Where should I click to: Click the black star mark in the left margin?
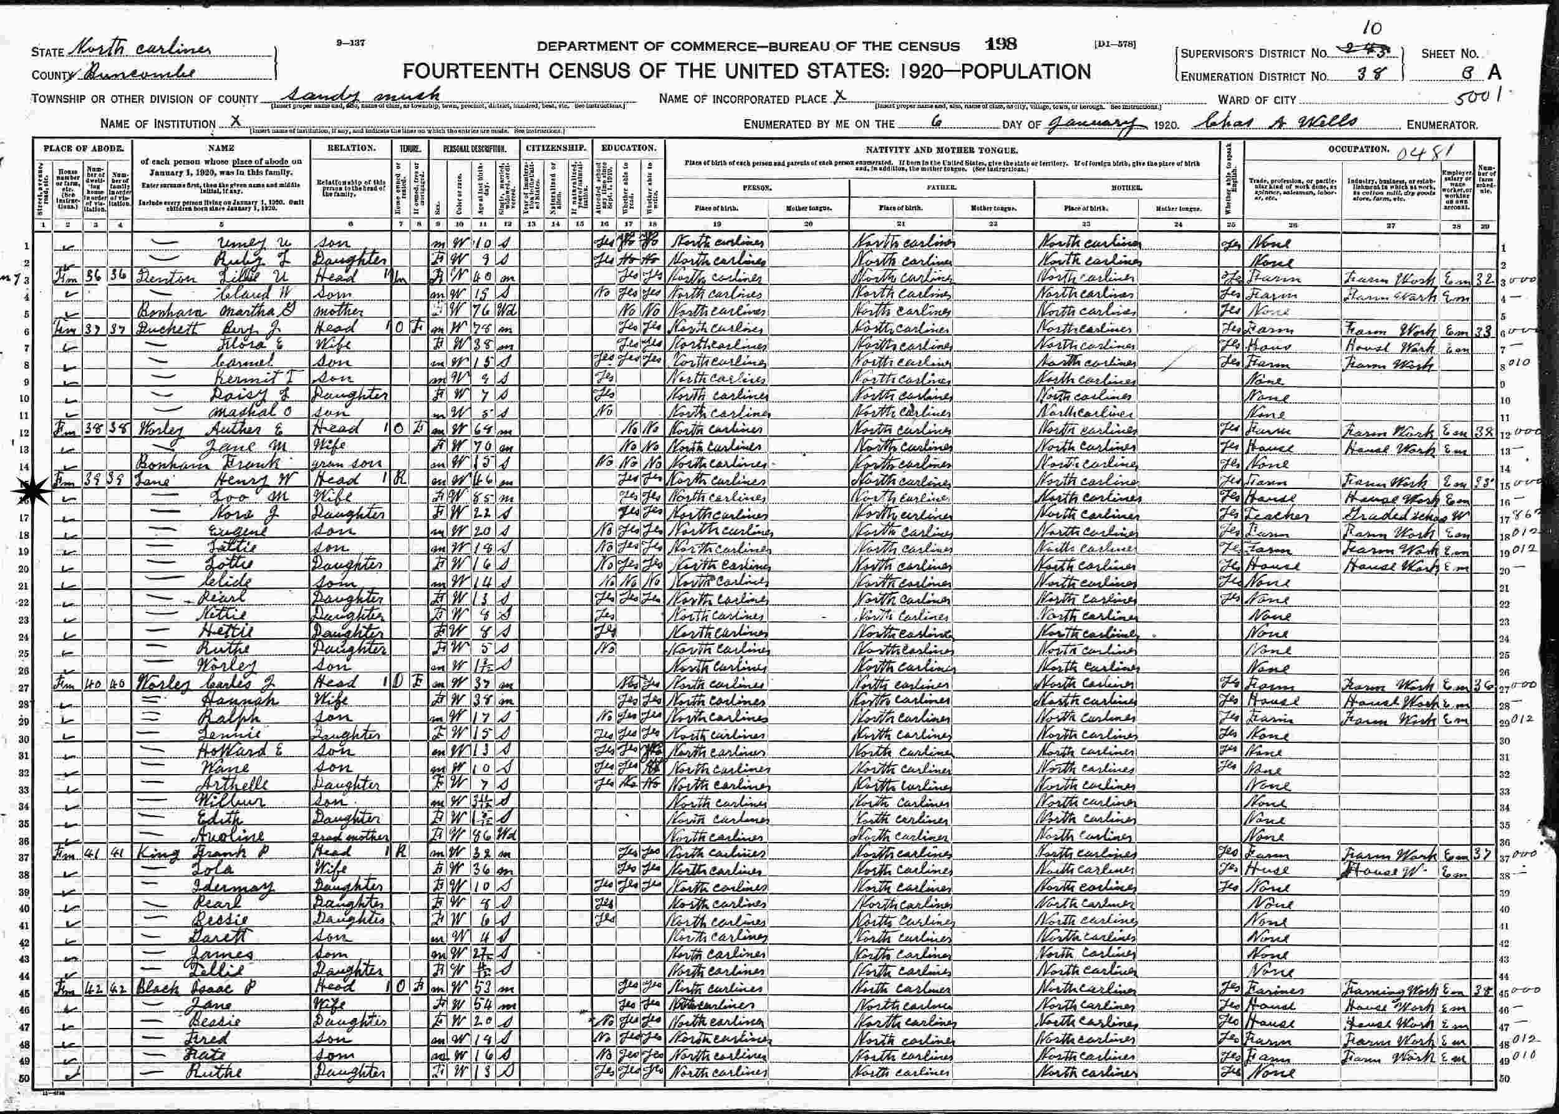[29, 492]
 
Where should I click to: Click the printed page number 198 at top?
[1002, 46]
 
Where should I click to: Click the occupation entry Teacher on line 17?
[1273, 515]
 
